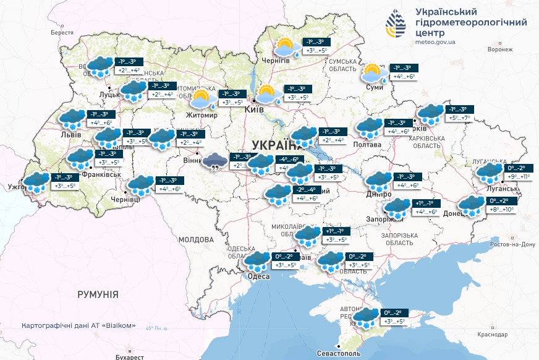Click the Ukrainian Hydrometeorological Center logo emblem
(396, 24)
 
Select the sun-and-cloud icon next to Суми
(373, 73)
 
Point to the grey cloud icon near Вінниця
(215, 163)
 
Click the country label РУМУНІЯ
(98, 295)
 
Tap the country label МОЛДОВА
(195, 239)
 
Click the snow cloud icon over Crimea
(365, 317)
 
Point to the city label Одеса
(258, 276)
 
